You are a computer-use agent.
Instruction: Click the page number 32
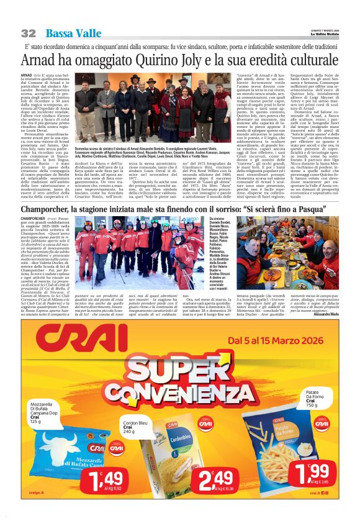pos(29,33)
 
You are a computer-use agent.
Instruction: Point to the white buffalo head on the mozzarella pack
pos(60,438)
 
